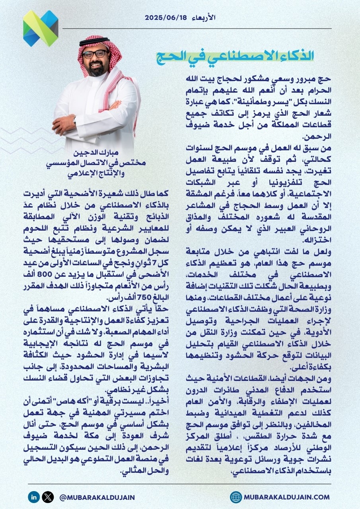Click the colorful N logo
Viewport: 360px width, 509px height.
[41, 28]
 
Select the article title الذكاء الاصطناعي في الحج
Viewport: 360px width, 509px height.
[234, 56]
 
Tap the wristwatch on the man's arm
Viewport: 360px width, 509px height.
[74, 119]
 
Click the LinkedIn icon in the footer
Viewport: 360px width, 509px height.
[34, 497]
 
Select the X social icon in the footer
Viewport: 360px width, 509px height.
[48, 497]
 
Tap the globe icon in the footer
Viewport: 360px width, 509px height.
[236, 497]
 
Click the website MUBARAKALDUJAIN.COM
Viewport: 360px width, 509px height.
[287, 497]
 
